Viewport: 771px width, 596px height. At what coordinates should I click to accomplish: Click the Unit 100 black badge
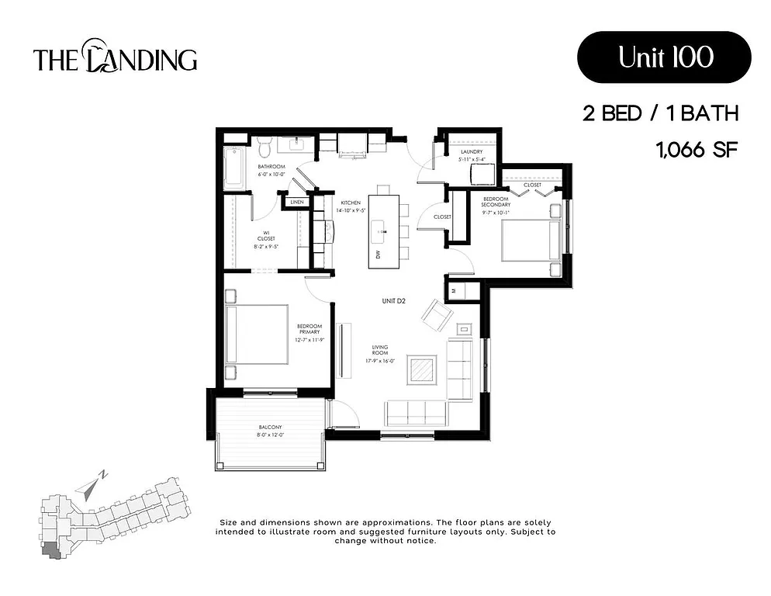pos(664,57)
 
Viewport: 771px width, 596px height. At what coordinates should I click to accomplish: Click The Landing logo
pos(115,58)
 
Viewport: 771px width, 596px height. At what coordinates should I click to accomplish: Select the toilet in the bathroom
pos(264,145)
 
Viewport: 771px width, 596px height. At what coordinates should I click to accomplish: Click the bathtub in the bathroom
pos(232,166)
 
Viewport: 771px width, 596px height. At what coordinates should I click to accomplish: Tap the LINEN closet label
pos(296,203)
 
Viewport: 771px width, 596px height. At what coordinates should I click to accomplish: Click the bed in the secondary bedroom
pos(532,241)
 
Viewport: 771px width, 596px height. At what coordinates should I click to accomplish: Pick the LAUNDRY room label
pos(471,152)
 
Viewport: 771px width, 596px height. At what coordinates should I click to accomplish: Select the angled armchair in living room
pos(437,314)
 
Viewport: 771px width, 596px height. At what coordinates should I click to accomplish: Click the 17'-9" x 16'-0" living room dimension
pos(379,360)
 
